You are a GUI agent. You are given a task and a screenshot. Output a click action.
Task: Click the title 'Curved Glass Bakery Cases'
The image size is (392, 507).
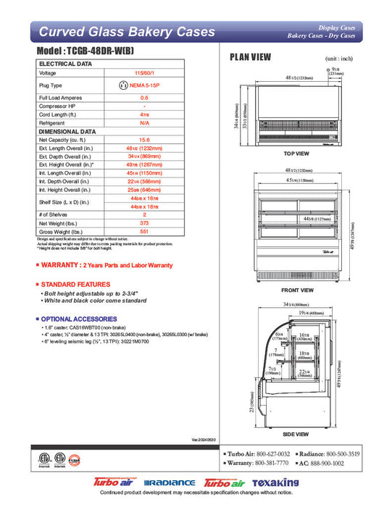point(126,32)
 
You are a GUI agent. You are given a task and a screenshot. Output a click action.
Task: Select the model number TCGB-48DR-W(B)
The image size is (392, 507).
point(95,53)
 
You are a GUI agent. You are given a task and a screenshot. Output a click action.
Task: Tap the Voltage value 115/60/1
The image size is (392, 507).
point(144,73)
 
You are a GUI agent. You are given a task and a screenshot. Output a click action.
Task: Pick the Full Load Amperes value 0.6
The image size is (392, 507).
point(144,97)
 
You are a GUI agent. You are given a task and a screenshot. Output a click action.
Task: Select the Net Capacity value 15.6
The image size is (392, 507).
point(144,139)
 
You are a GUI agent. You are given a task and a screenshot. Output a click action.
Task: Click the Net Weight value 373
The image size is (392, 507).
point(144,224)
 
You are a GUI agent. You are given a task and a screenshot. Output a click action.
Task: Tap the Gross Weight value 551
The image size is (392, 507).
point(144,232)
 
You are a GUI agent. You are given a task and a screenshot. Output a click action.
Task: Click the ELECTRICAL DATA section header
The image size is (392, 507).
point(65,64)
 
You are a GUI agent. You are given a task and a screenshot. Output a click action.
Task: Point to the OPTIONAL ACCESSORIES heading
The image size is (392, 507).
point(76,319)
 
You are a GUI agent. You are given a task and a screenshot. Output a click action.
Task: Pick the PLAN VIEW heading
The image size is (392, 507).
point(251,57)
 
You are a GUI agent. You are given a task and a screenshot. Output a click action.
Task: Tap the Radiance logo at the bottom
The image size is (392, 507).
point(170,483)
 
